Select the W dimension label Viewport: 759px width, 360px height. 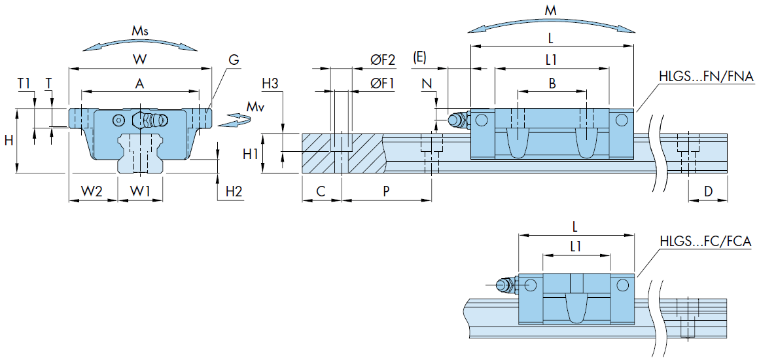139,60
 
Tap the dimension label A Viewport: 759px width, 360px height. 139,83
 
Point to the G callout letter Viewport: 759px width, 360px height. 234,60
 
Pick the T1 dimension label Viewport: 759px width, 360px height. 24,83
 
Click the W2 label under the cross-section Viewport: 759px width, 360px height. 92,191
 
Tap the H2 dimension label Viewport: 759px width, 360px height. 234,191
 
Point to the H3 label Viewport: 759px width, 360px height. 270,84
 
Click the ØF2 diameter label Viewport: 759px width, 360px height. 383,60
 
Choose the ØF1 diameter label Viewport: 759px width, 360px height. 383,83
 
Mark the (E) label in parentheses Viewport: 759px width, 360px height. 419,58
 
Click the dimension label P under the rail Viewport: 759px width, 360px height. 386,191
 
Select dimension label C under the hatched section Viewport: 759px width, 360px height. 321,191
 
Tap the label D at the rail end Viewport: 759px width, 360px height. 708,191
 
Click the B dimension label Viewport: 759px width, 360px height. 552,83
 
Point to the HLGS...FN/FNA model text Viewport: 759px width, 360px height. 705,77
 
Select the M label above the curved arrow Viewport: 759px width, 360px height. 552,10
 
